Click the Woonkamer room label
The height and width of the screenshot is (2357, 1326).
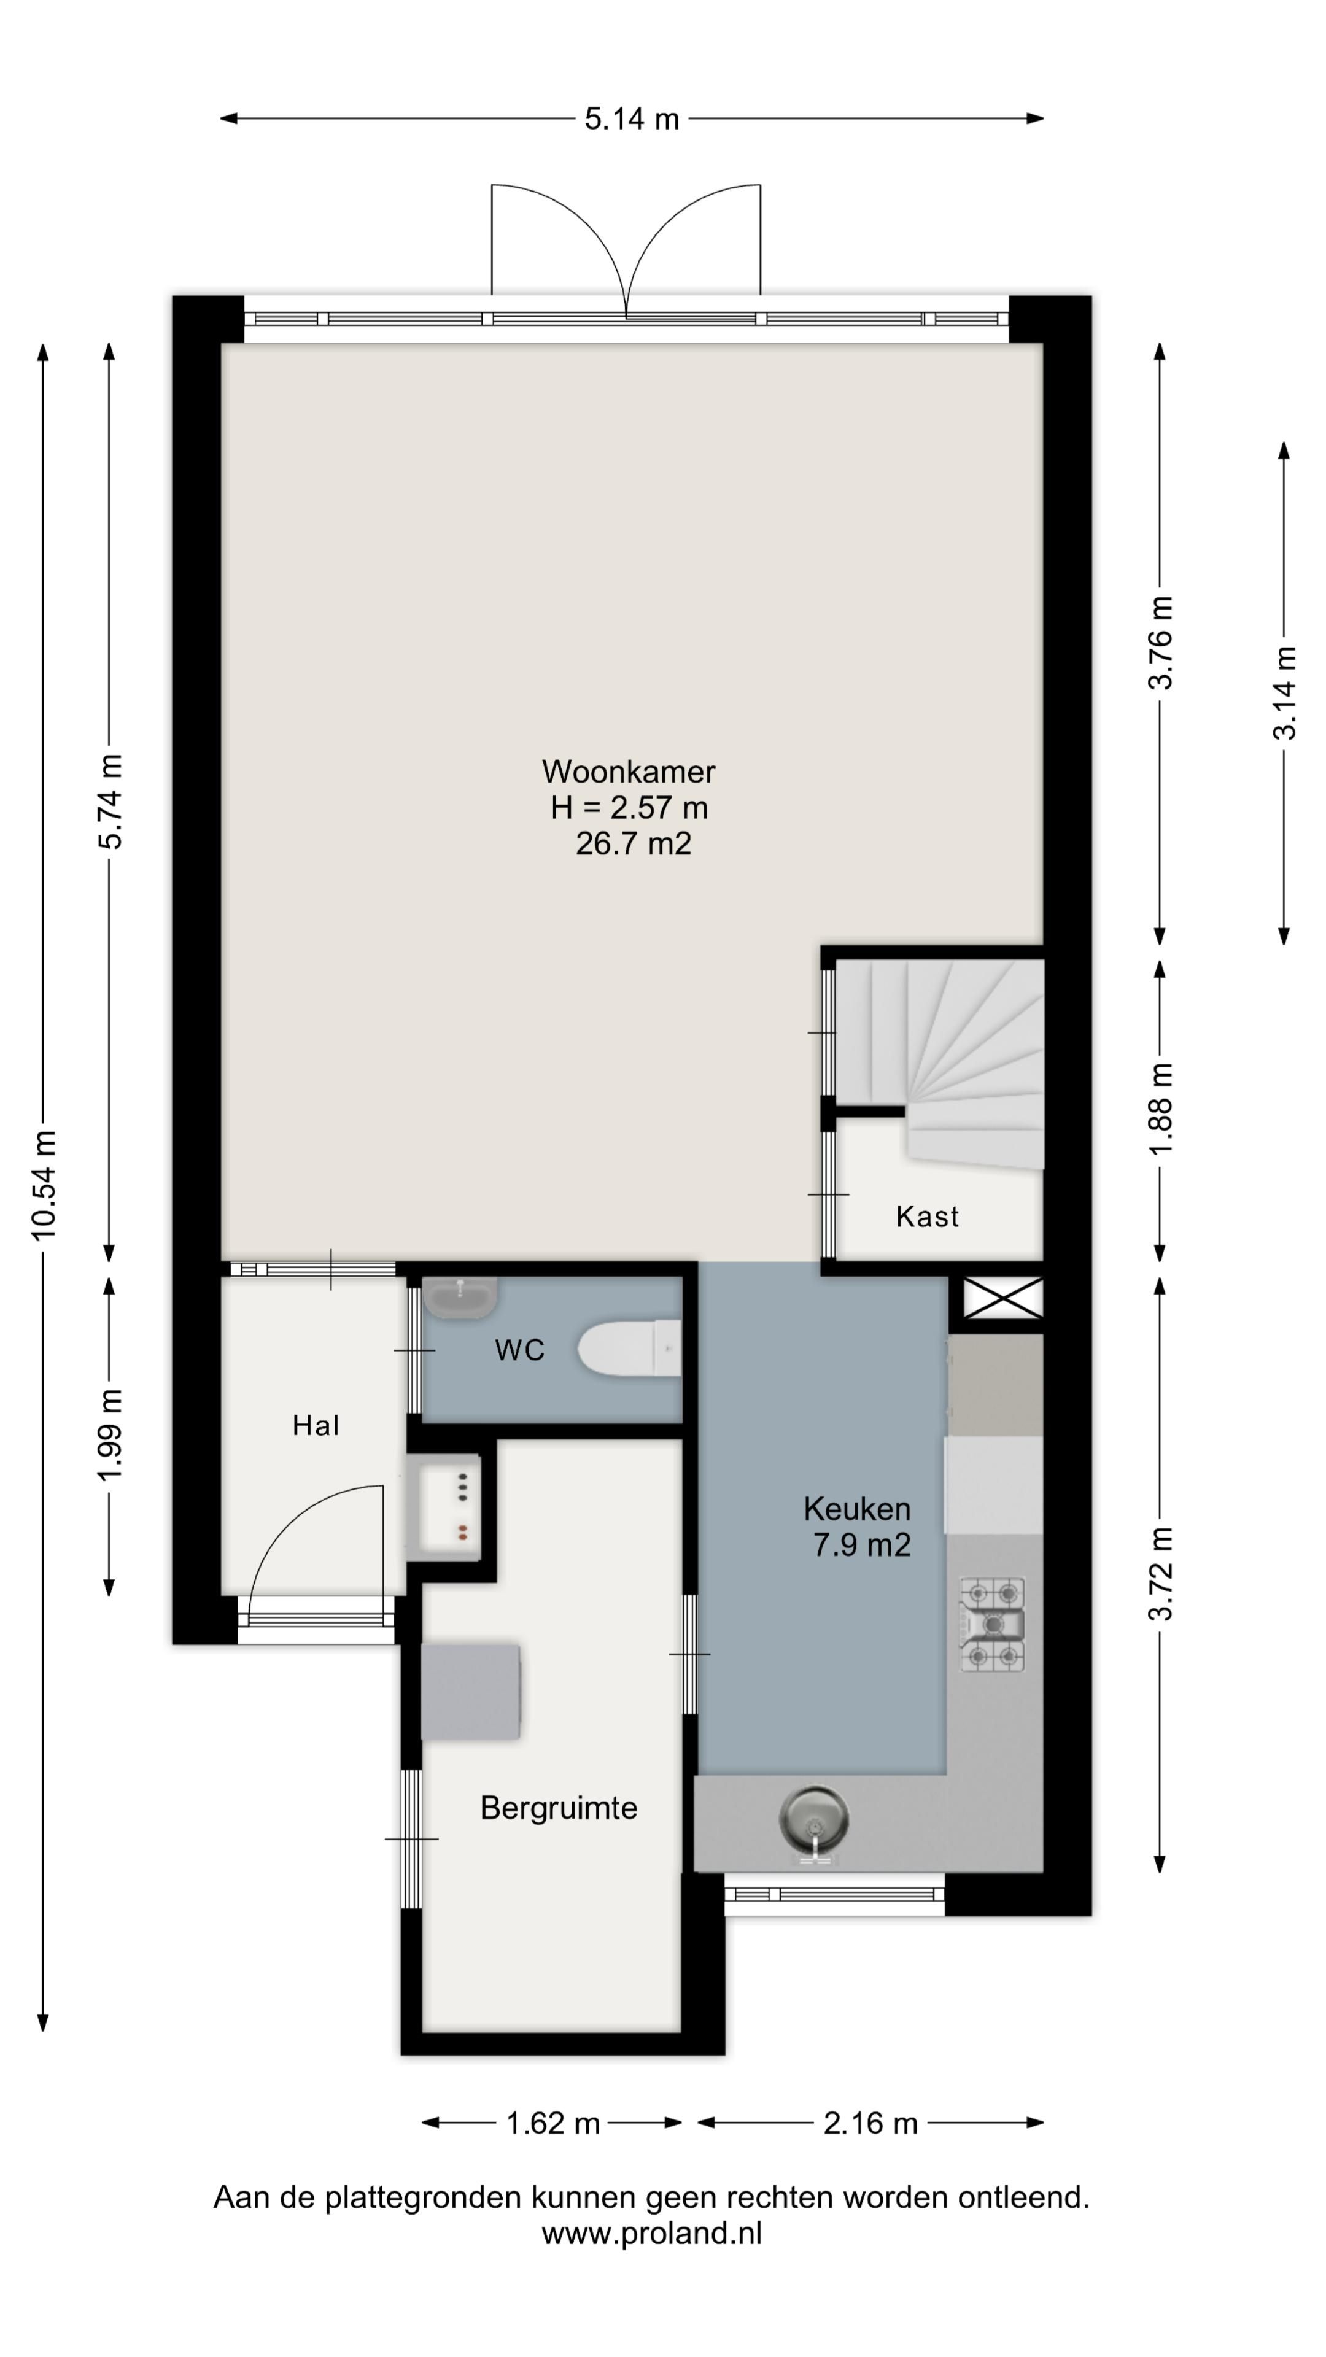pyautogui.click(x=628, y=772)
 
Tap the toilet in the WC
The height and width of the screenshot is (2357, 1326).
pyautogui.click(x=630, y=1348)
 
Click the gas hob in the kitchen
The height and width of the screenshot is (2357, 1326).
pyautogui.click(x=992, y=1625)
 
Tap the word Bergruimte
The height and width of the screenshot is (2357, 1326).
pyautogui.click(x=558, y=1808)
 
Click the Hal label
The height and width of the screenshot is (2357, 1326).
pyautogui.click(x=316, y=1425)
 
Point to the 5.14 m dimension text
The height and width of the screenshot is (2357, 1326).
pyautogui.click(x=632, y=119)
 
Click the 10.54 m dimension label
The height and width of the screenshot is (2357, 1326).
pyautogui.click(x=44, y=1185)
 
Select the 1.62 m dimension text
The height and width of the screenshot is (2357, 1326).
pyautogui.click(x=552, y=2123)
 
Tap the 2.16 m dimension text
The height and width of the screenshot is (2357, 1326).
pyautogui.click(x=869, y=2123)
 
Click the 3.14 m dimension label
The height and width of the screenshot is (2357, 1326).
pyautogui.click(x=1285, y=692)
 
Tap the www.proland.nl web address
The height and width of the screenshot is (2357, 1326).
pyautogui.click(x=651, y=2234)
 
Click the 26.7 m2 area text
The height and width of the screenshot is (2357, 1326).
pyautogui.click(x=634, y=843)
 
